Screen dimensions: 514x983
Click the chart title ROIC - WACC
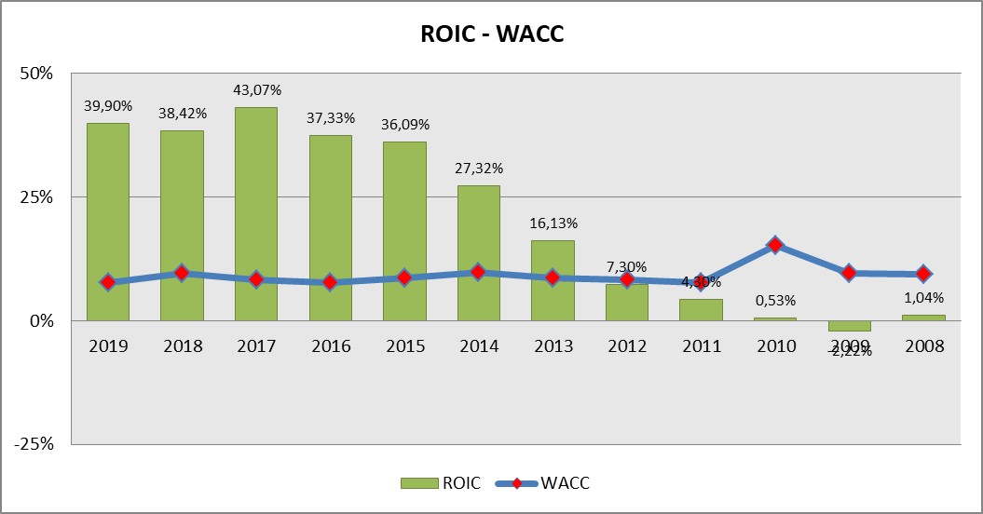point(491,34)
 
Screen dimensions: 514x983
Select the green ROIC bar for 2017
point(256,214)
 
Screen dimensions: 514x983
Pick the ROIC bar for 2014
point(478,251)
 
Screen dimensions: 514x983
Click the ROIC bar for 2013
point(553,279)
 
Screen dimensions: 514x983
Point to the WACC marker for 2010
point(775,245)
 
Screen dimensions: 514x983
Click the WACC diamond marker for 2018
point(182,273)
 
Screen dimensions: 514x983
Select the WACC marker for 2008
point(923,274)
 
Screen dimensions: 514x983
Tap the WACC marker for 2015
point(404,277)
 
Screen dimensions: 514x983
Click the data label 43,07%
point(256,90)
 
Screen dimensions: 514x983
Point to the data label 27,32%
point(478,169)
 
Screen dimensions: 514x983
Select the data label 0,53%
point(775,301)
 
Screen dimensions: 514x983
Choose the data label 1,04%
point(923,298)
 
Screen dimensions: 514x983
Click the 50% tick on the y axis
point(37,74)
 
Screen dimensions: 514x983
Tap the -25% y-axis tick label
point(34,443)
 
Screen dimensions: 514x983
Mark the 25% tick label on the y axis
point(37,197)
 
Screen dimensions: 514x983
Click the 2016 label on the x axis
point(331,346)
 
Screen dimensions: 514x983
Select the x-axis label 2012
point(627,346)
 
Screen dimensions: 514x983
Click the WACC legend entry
point(549,482)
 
